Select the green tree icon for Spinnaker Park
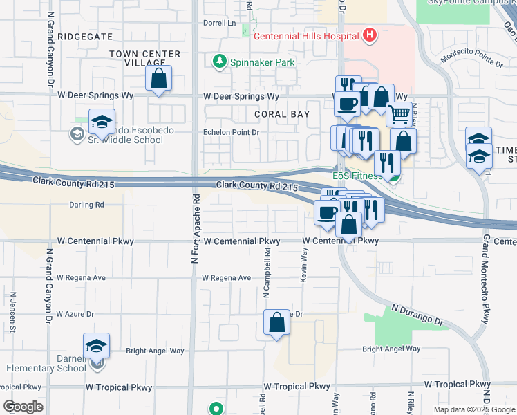coord(220,62)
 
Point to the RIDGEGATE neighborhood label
coord(84,36)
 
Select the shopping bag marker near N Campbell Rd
coord(276,322)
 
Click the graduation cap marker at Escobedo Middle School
coord(102,123)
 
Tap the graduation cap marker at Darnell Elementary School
coord(96,346)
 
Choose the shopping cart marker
coord(398,114)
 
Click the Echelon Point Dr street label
coord(230,132)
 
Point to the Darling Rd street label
coord(86,205)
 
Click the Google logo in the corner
coord(23,407)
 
